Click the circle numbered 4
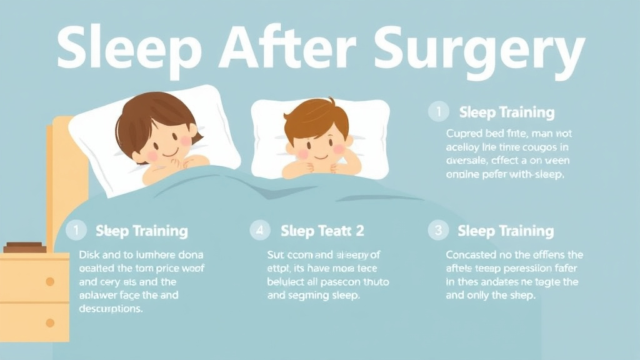(x=259, y=230)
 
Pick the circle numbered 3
(x=438, y=230)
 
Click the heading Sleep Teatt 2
(x=322, y=230)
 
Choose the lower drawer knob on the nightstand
(x=50, y=322)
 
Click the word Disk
(x=90, y=255)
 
